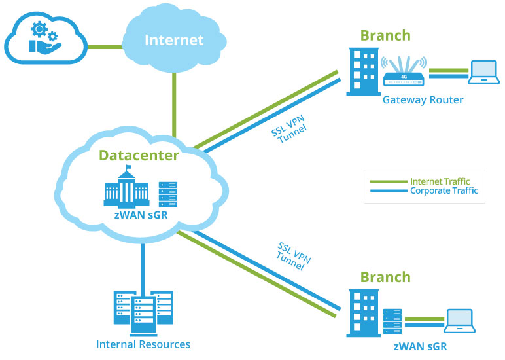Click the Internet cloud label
point(173,41)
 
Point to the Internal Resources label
point(143,344)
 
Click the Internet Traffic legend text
point(440,181)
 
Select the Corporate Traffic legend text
point(444,191)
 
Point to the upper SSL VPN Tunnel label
point(288,130)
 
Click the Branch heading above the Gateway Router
point(385,36)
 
